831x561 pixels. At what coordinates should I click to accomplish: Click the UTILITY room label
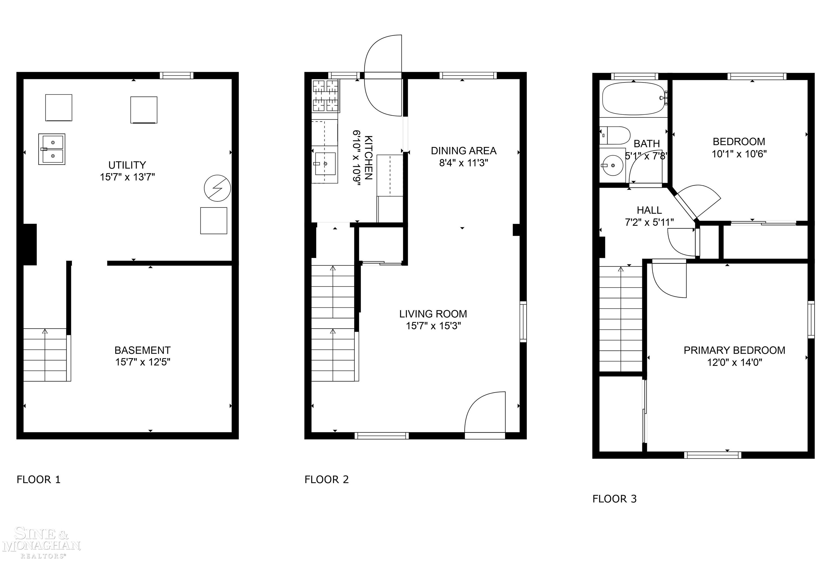coord(127,165)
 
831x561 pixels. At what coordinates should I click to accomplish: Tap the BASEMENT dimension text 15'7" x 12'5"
coord(142,362)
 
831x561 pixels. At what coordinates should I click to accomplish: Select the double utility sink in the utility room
coord(52,149)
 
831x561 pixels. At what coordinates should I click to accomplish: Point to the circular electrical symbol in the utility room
coord(217,188)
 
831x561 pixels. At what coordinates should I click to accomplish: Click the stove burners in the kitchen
coord(325,96)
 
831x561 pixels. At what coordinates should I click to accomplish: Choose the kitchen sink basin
coord(325,164)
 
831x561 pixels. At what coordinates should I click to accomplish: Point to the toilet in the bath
coord(615,135)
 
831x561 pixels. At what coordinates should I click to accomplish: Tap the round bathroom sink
coord(613,165)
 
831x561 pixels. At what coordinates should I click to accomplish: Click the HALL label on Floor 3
coord(649,210)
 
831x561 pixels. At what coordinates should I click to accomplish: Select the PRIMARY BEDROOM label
coord(734,350)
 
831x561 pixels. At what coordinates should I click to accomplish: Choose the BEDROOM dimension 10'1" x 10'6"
coord(739,154)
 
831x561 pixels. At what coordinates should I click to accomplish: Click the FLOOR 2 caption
coord(326,480)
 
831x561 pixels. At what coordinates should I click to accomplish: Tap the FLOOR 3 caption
coord(614,499)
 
